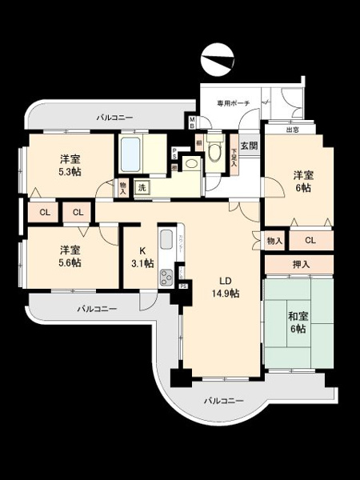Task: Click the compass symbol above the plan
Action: [x=218, y=58]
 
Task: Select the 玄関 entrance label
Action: [x=250, y=146]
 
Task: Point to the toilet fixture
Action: [x=214, y=149]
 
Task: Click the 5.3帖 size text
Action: [x=69, y=172]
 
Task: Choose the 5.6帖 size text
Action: [x=69, y=262]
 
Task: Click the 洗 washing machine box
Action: [x=142, y=187]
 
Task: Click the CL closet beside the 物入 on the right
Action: [x=309, y=239]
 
